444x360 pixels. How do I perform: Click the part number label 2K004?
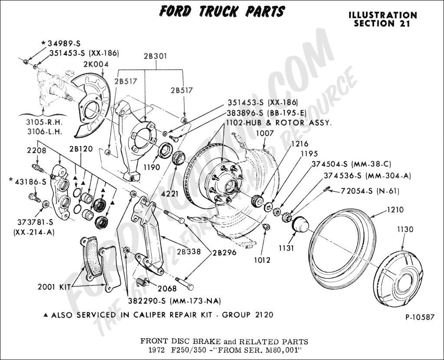96,64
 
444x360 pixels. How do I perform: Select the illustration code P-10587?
419,317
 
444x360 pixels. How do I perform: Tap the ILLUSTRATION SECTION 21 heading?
382,19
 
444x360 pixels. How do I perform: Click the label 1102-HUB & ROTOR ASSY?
279,123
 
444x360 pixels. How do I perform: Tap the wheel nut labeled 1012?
267,227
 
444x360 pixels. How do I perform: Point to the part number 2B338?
189,251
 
